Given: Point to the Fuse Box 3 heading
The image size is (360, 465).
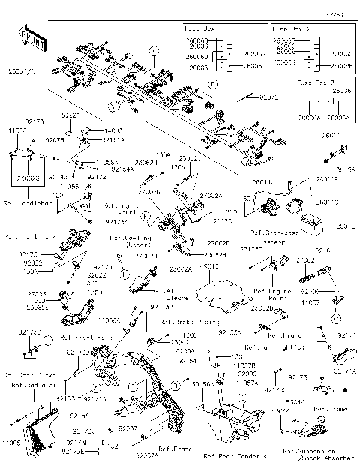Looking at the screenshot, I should click(x=316, y=79).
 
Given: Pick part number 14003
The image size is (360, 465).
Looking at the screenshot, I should click(x=115, y=130).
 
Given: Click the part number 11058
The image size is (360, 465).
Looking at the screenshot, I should click(x=18, y=130).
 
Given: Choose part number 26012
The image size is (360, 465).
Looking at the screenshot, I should click(x=346, y=226).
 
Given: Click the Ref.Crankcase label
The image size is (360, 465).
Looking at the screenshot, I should click(x=271, y=232).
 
